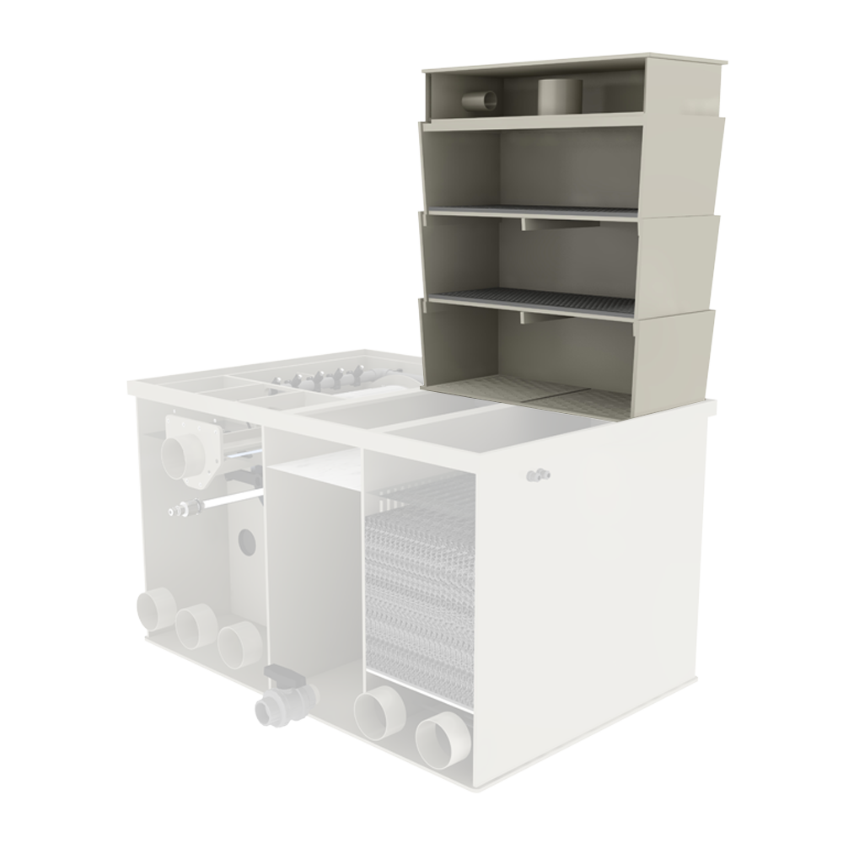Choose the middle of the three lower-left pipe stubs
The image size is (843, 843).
click(196, 626)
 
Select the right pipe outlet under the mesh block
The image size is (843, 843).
click(442, 740)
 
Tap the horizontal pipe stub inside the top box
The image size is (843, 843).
click(481, 100)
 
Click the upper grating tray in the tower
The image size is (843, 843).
click(540, 210)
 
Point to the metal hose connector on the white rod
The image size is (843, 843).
click(186, 508)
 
